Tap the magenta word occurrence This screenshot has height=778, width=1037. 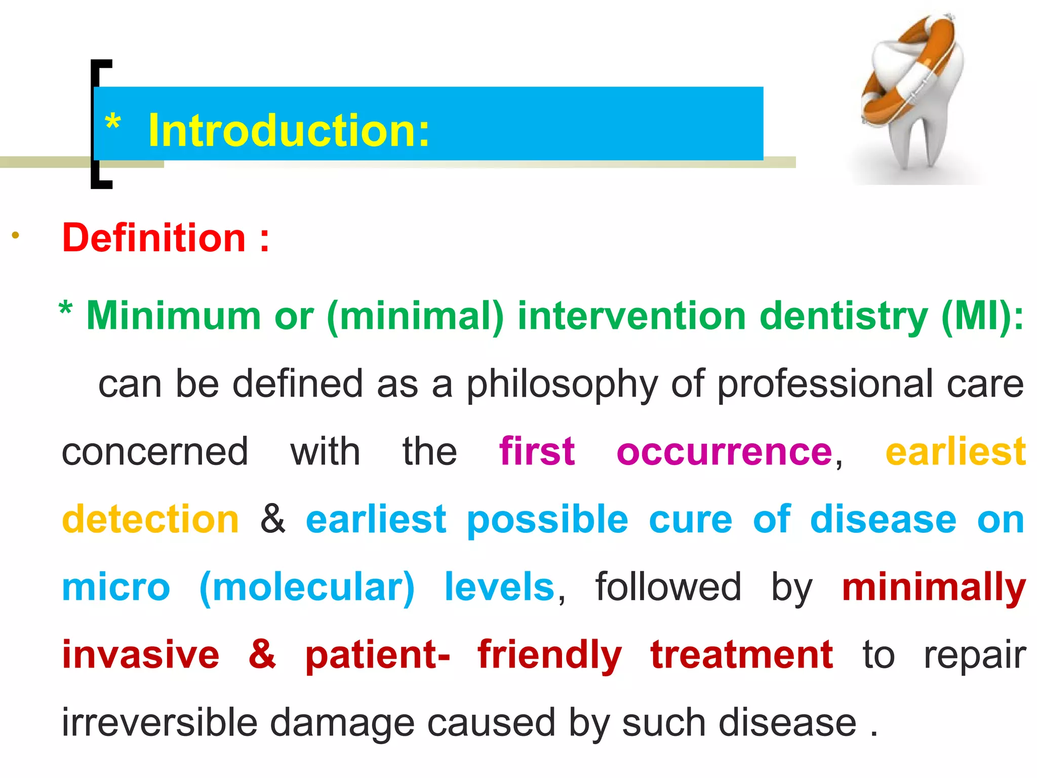[724, 452]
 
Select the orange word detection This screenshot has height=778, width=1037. [150, 519]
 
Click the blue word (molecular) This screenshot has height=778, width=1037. [307, 588]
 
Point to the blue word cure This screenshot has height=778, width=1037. [690, 520]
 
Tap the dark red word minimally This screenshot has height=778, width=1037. [934, 588]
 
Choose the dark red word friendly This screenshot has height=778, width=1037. [549, 655]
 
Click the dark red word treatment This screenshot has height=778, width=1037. [741, 655]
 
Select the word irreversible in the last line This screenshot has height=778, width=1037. [159, 722]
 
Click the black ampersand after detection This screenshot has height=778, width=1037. [273, 519]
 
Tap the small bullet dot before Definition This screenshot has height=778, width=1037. [16, 235]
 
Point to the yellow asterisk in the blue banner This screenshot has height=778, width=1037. [112, 123]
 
